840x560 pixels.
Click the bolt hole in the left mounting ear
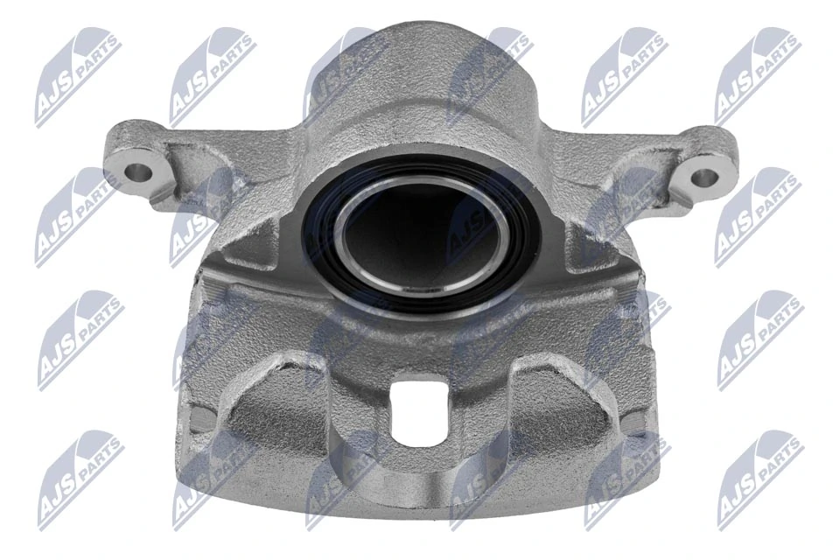tap(138, 169)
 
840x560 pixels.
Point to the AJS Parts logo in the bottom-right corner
tap(759, 479)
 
